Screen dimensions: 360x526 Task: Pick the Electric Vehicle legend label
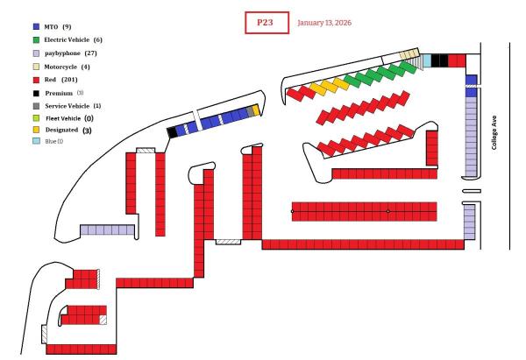(x=68, y=40)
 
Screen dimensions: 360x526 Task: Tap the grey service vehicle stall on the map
(x=250, y=112)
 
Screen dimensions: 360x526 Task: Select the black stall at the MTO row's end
(x=171, y=131)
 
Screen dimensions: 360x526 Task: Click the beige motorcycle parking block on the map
(x=408, y=54)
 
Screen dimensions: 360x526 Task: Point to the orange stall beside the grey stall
(x=256, y=111)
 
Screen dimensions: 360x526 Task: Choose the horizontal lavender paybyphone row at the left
(x=107, y=229)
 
